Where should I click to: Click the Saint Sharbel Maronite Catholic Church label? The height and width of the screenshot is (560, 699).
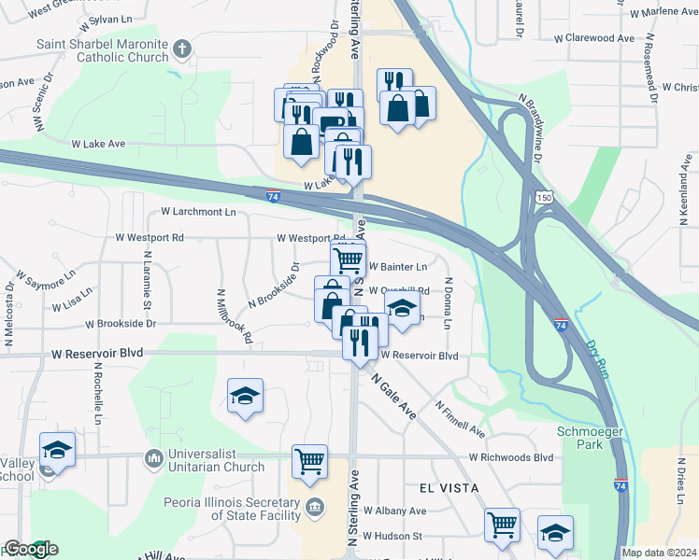coord(103,50)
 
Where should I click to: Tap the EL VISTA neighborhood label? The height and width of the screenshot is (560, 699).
coord(442,488)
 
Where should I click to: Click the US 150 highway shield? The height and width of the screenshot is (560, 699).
coord(546,197)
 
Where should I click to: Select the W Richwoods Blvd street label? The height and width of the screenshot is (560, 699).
coord(510,457)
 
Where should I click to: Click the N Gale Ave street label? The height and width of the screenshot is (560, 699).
coord(393,398)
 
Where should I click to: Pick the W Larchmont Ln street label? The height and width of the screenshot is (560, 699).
coord(198,212)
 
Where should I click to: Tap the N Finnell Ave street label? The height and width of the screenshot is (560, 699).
coord(460,419)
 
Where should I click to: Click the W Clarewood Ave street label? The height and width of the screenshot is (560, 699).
coord(594,38)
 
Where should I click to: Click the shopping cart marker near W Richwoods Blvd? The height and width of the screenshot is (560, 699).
coord(309,460)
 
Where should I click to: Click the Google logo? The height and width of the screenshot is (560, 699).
coord(31,549)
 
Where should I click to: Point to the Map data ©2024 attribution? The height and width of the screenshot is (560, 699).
coord(660,553)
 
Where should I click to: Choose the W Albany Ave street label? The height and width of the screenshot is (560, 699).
coord(394,511)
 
